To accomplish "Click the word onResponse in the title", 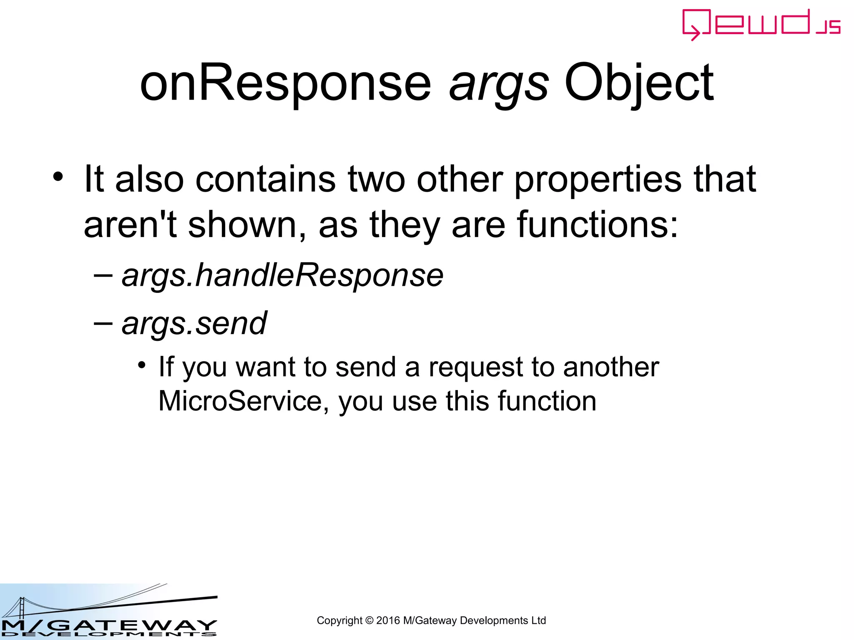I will (285, 83).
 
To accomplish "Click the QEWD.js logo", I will (761, 25).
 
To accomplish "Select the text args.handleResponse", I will (282, 275).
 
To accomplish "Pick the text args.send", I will (194, 323).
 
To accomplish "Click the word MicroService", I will (241, 401).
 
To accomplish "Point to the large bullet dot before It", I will (58, 177).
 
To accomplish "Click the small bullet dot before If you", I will (142, 365).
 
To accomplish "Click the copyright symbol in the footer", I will (369, 620).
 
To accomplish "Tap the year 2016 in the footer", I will (388, 620).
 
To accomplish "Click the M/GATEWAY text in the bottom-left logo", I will (108, 625).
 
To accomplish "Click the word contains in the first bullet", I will (265, 180).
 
